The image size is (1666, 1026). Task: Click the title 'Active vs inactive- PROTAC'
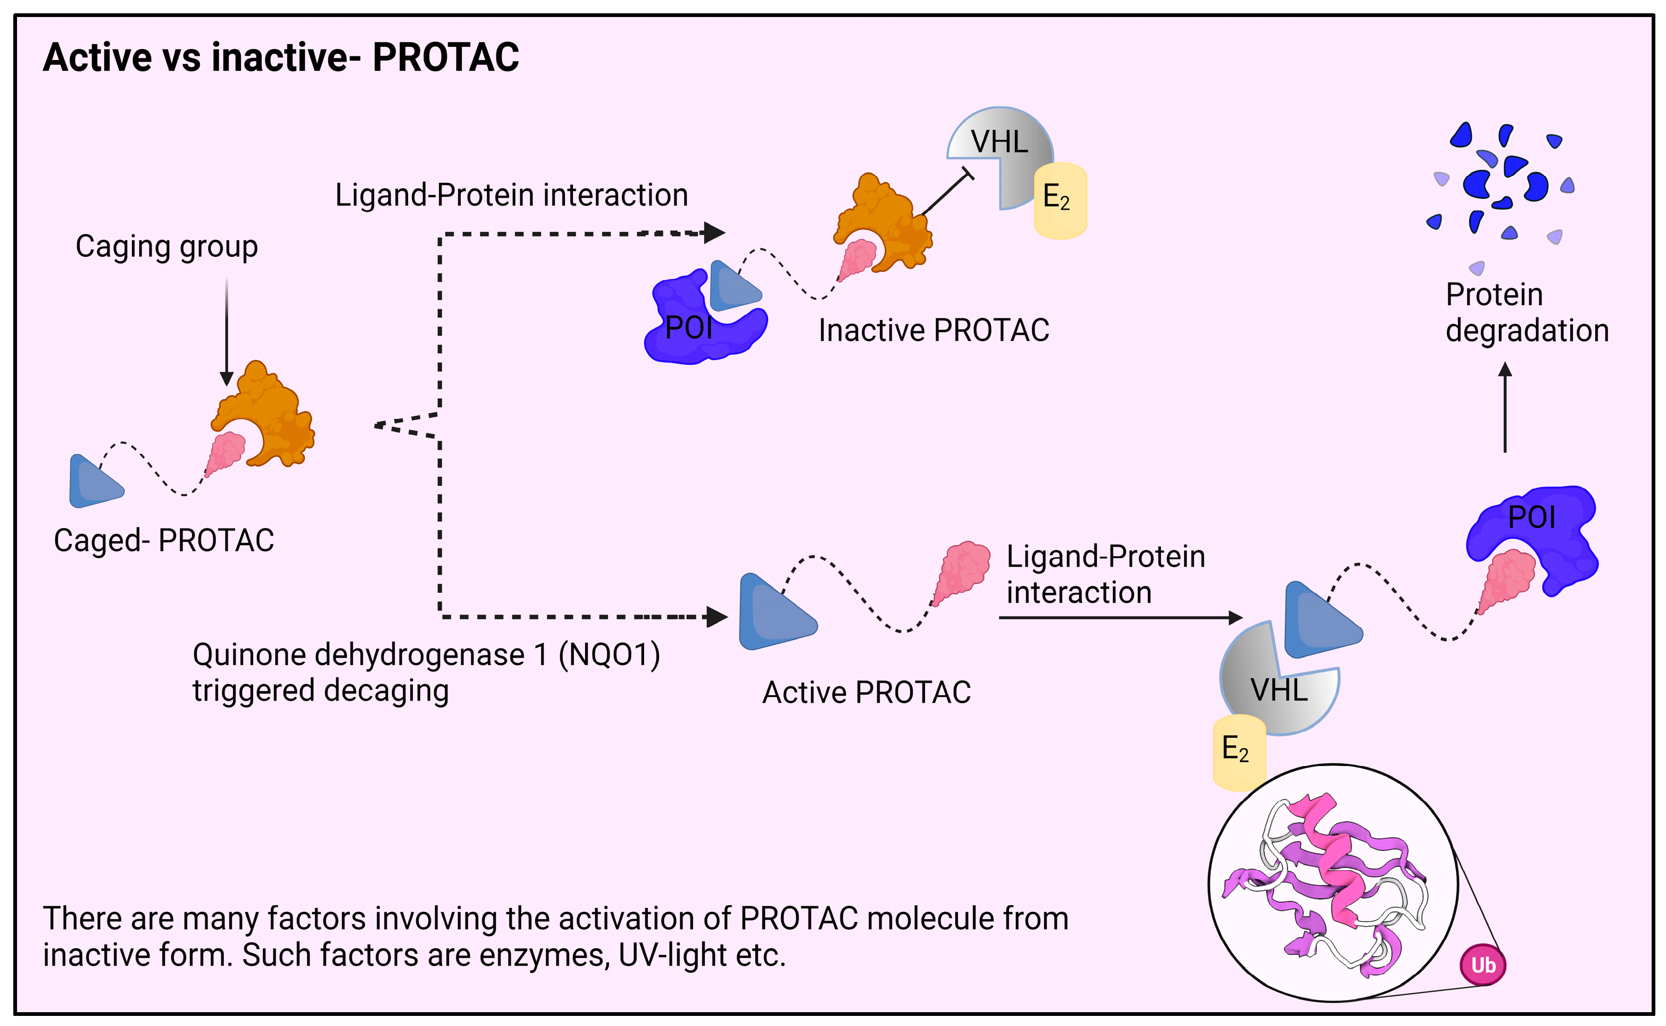pos(280,57)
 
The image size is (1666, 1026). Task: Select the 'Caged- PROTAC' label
pos(164,541)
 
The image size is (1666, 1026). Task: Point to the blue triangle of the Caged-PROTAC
pos(94,481)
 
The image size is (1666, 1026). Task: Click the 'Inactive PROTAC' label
pos(934,331)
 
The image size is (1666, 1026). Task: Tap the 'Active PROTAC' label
pos(867,692)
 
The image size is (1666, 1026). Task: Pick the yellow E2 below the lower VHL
pos(1238,752)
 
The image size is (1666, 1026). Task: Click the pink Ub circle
pos(1484,965)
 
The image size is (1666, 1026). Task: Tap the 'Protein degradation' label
pos(1527,313)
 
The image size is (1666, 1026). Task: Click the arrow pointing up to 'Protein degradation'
pos(1505,407)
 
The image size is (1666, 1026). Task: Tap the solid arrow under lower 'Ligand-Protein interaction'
pos(1121,618)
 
